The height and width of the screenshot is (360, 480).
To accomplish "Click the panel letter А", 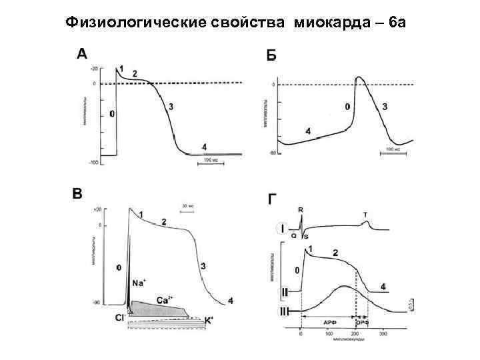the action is pyautogui.click(x=82, y=54).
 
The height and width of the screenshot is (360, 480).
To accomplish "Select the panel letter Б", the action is pyautogui.click(x=271, y=55).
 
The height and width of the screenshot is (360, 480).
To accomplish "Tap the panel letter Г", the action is pyautogui.click(x=272, y=199).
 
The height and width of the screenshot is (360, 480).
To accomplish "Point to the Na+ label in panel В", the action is pyautogui.click(x=139, y=283).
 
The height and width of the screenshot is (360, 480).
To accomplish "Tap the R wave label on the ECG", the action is pyautogui.click(x=301, y=209).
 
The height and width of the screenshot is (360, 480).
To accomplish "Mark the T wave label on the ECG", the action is pyautogui.click(x=365, y=215).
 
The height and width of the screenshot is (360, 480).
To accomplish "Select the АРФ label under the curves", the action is pyautogui.click(x=329, y=322).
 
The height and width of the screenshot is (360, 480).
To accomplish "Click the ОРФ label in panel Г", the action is pyautogui.click(x=362, y=322).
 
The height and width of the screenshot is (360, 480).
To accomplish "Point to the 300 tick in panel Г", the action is pyautogui.click(x=383, y=333).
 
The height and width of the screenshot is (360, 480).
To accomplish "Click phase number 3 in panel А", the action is pyautogui.click(x=171, y=107).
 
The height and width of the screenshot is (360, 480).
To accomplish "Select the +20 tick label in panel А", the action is pyautogui.click(x=94, y=69).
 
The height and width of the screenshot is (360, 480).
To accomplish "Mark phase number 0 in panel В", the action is pyautogui.click(x=119, y=267).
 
